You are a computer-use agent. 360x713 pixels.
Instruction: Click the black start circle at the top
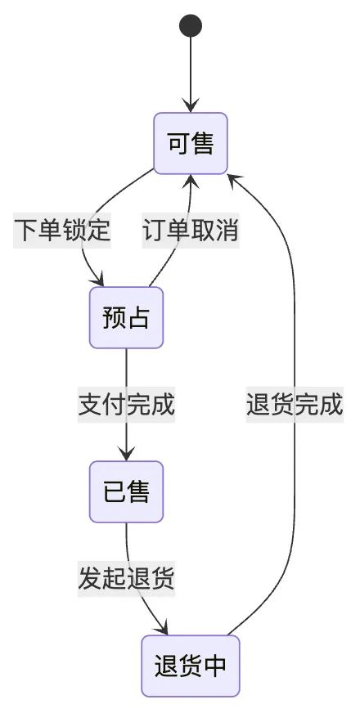[x=191, y=25]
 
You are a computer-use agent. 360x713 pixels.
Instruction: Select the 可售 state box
[x=191, y=143]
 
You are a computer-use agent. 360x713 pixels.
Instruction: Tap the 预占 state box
[x=126, y=317]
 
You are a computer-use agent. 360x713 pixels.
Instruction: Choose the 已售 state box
[x=126, y=491]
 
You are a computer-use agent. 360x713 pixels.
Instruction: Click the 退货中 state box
[x=191, y=666]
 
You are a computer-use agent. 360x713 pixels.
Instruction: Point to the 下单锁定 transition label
[x=62, y=230]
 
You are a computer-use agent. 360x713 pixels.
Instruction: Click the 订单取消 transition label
[x=191, y=230]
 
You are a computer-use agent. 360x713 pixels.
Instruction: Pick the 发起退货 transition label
[x=126, y=578]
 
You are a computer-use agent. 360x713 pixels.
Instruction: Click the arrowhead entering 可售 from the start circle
[x=191, y=105]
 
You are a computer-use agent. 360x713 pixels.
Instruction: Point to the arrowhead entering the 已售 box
[x=126, y=453]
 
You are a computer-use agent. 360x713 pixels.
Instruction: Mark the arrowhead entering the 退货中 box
[x=162, y=628]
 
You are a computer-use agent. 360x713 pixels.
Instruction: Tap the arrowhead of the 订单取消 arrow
[x=191, y=182]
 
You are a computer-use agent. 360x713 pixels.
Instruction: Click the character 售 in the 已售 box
[x=138, y=491]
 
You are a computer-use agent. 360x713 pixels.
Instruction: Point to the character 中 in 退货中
[x=215, y=666]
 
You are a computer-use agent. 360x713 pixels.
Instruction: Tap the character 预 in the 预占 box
[x=115, y=317]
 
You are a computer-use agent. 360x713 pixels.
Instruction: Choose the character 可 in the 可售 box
[x=178, y=143]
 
